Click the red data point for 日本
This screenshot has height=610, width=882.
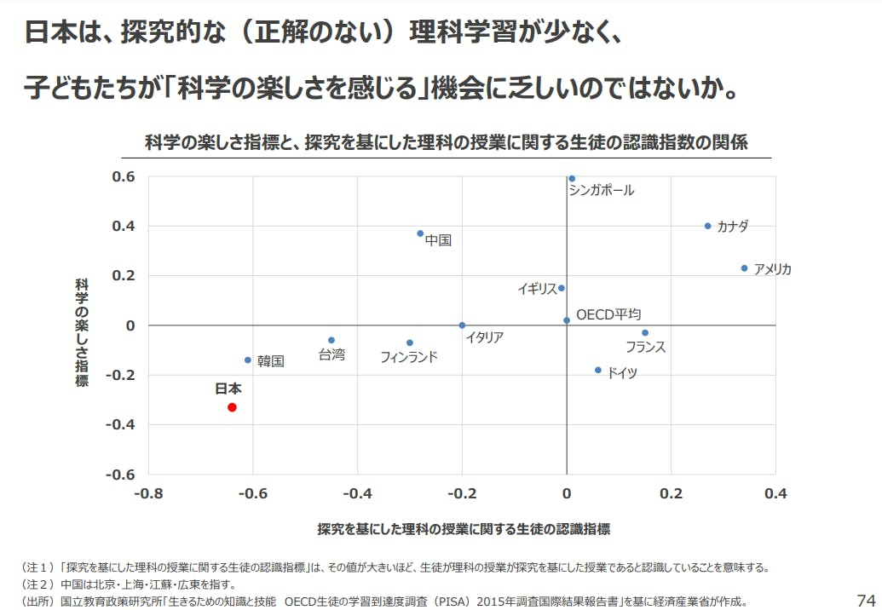232,407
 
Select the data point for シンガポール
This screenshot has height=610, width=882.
571,179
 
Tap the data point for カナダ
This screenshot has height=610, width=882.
707,226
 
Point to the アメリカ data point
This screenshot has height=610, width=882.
744,268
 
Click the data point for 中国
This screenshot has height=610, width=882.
420,233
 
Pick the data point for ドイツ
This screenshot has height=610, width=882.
598,370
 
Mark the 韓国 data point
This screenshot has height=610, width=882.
248,360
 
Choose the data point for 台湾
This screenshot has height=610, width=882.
331,340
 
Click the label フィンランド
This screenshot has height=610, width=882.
409,357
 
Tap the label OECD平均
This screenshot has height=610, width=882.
608,314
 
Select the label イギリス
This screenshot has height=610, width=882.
537,289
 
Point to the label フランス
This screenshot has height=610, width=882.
645,347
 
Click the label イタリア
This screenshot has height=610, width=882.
484,337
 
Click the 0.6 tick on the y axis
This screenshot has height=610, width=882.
124,176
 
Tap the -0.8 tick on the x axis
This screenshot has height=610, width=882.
148,492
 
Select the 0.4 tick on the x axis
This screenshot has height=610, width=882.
775,492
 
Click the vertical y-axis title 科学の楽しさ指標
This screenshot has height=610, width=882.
82,332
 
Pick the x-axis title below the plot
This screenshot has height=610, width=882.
464,529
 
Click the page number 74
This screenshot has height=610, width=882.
865,598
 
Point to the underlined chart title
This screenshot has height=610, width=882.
447,142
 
